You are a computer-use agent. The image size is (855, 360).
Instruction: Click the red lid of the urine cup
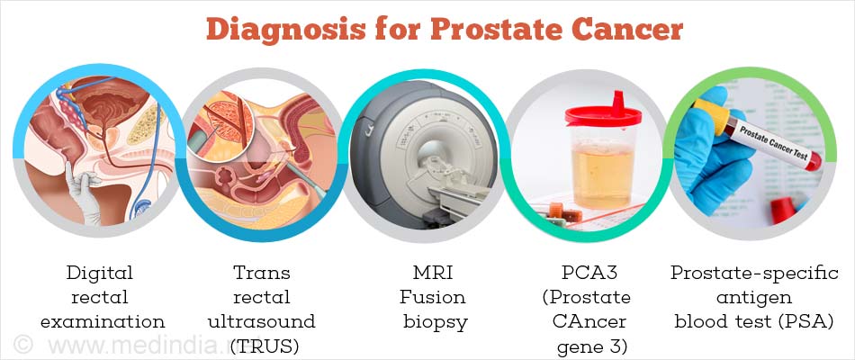pyautogui.click(x=603, y=112)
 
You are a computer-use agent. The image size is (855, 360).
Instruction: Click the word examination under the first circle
pyautogui.click(x=103, y=322)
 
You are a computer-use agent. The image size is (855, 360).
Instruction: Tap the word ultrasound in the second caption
pyautogui.click(x=262, y=322)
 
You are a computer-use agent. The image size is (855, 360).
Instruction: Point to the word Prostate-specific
pyautogui.click(x=754, y=273)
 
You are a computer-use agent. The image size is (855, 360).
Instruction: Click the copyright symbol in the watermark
pyautogui.click(x=22, y=345)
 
